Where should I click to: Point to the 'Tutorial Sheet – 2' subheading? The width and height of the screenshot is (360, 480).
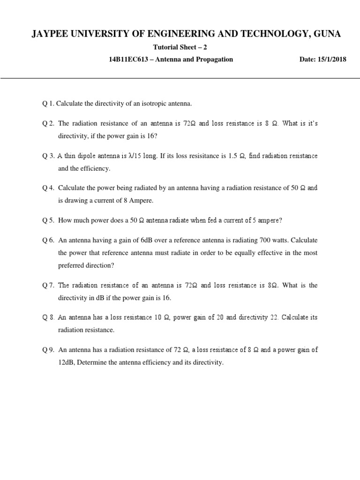pos(180,47)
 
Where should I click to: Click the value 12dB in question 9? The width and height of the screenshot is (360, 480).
pos(67,362)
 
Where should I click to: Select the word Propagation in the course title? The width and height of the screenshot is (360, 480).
pos(214,60)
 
